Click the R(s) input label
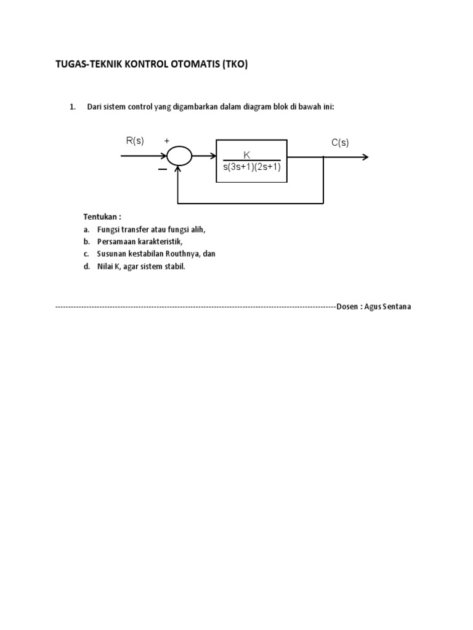(x=135, y=141)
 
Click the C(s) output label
(x=340, y=143)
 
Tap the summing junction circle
(x=179, y=156)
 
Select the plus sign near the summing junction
(x=166, y=141)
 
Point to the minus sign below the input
(x=162, y=169)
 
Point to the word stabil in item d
(x=172, y=266)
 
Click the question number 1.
(x=73, y=107)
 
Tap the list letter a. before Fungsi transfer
(x=87, y=229)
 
